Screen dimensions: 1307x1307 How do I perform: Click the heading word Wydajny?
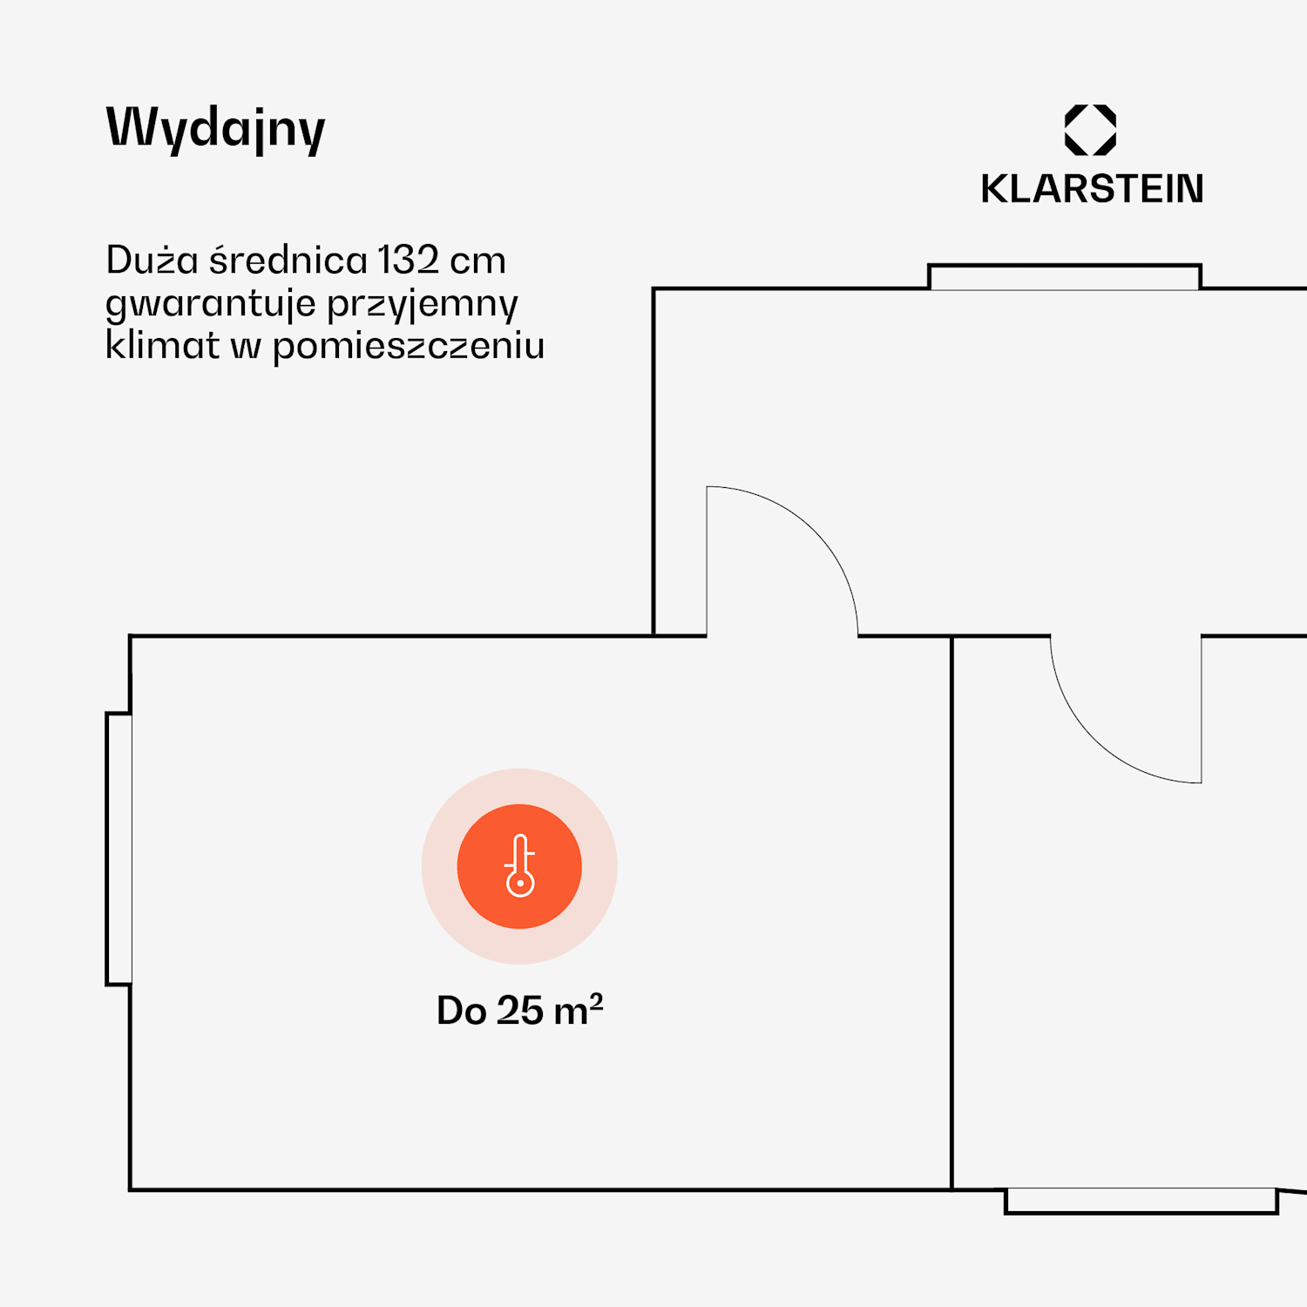tap(215, 129)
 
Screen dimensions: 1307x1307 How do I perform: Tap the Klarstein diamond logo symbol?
tap(1090, 130)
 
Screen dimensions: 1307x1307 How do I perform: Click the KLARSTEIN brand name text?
tap(1092, 189)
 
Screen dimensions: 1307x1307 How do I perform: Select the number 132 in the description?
tap(408, 260)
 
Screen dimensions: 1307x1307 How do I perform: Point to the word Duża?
tap(152, 260)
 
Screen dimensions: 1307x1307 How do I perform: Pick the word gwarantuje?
tap(210, 304)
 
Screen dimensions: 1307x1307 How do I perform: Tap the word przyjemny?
tap(423, 304)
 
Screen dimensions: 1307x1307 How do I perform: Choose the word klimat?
tap(162, 345)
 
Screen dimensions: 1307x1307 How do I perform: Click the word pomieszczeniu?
tap(409, 347)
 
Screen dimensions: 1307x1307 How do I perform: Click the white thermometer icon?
tap(520, 866)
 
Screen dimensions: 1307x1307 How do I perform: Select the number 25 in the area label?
tap(520, 1011)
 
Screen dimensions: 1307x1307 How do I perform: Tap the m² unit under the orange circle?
tap(579, 1010)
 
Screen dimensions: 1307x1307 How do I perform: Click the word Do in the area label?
tap(461, 1011)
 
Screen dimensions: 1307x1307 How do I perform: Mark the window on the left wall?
tap(119, 849)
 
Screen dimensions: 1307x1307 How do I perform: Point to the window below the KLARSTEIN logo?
tap(1064, 277)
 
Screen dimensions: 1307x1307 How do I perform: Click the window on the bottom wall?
tap(1141, 1201)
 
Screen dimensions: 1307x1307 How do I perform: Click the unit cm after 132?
tap(477, 261)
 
